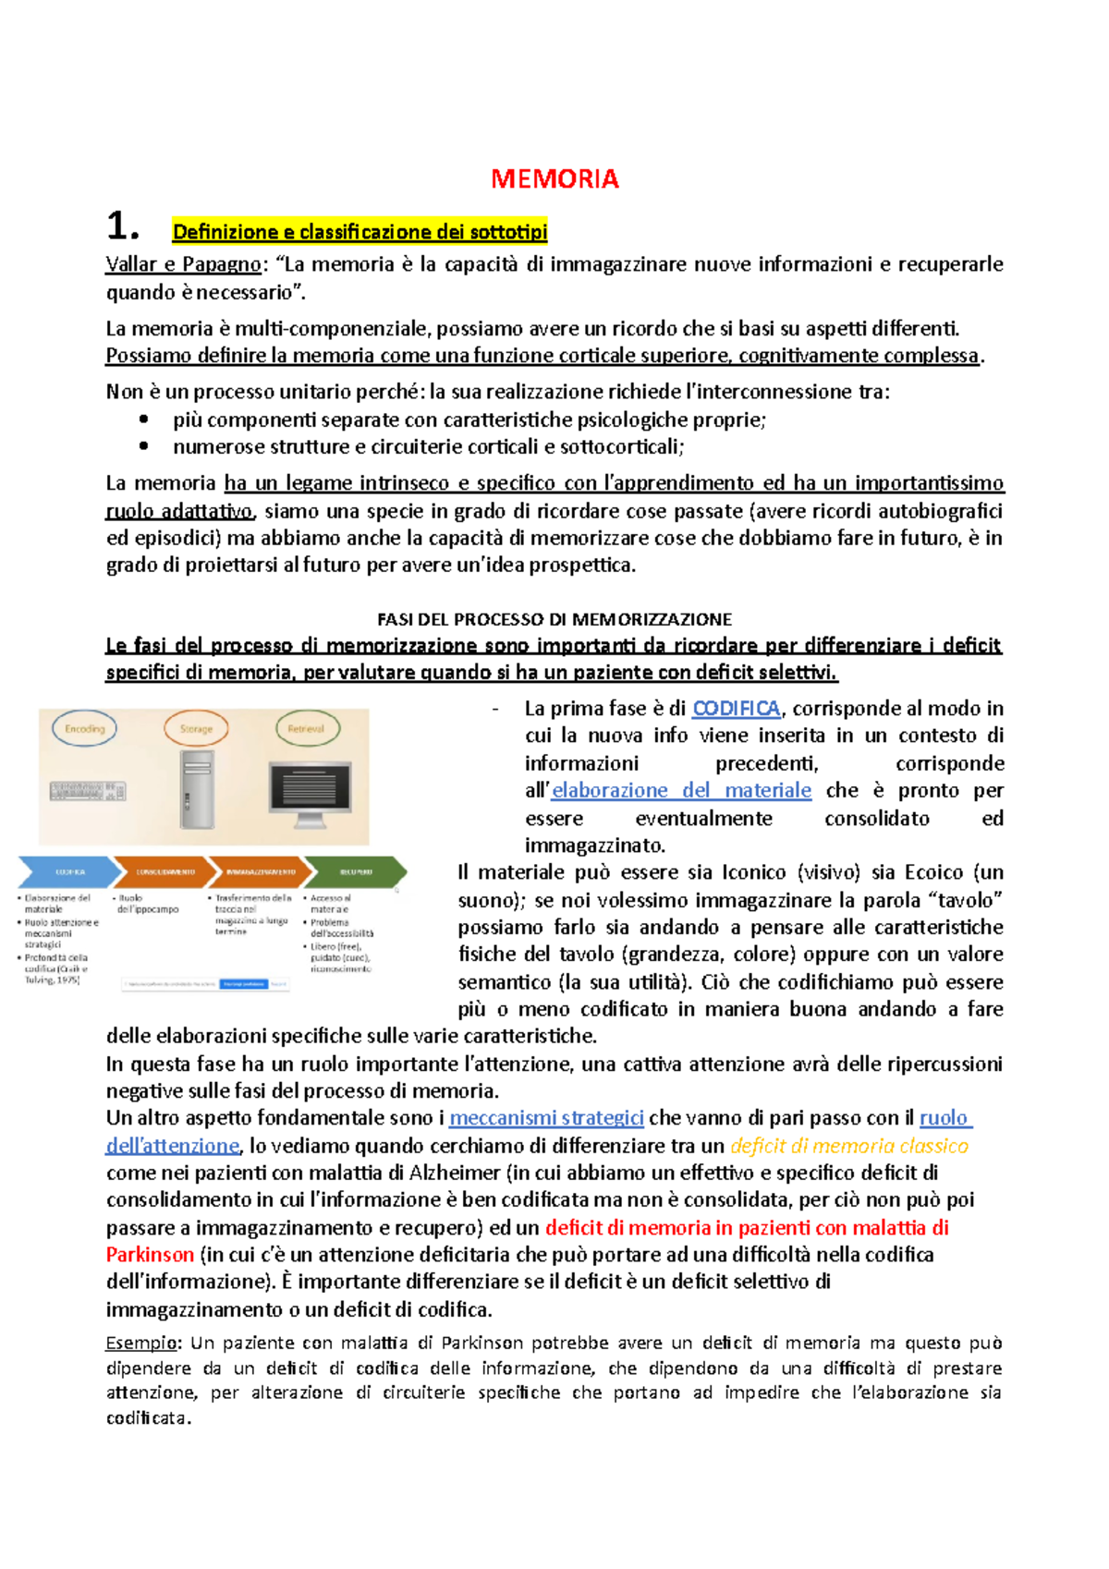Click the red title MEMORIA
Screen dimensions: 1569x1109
554,178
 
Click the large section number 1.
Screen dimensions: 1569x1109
123,226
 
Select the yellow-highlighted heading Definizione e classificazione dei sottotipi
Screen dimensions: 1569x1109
360,231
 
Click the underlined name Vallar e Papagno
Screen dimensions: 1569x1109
183,264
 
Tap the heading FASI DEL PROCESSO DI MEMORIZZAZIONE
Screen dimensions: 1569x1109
554,619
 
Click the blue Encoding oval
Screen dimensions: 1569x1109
84,729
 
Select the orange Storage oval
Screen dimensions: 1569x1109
196,729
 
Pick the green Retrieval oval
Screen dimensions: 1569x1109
307,729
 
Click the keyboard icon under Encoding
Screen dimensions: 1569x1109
87,791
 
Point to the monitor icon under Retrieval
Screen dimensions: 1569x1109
310,793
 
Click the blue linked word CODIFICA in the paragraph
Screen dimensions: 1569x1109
737,709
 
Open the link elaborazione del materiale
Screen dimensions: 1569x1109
682,791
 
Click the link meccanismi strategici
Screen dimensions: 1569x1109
546,1118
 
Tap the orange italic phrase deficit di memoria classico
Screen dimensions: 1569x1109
848,1146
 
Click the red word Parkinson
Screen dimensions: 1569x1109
150,1255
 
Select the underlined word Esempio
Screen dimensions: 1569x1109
141,1343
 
